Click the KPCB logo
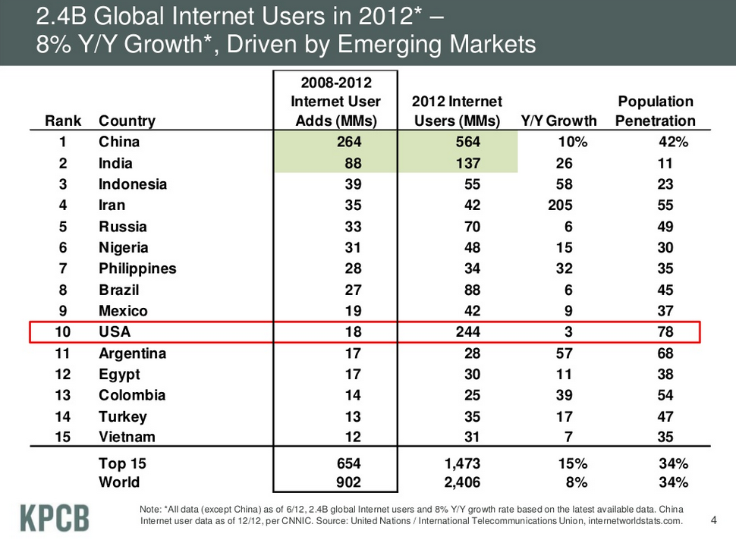[54, 517]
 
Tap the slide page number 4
[713, 520]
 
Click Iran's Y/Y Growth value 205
[559, 206]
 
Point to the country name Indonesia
[133, 184]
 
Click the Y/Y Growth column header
[558, 121]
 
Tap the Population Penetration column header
[656, 111]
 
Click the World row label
[119, 482]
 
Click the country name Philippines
[137, 268]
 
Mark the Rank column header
[63, 121]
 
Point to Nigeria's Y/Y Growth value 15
[563, 248]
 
